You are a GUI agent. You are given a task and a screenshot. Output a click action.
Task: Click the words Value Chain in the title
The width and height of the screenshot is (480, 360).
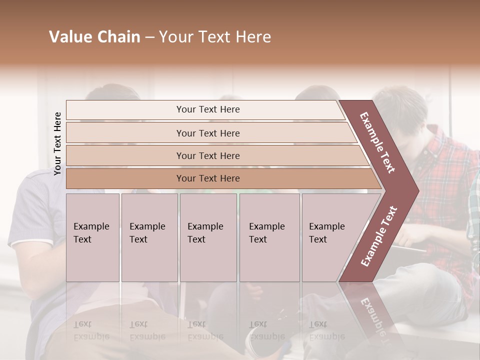[94, 37]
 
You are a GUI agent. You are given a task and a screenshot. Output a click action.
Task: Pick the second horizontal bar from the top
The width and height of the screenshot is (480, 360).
[207, 133]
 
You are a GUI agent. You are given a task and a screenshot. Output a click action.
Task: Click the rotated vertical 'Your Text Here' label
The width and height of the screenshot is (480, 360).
[57, 143]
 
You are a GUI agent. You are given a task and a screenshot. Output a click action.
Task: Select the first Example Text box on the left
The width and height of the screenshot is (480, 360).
[92, 237]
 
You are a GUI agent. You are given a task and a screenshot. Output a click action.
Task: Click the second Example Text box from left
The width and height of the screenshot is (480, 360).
[149, 237]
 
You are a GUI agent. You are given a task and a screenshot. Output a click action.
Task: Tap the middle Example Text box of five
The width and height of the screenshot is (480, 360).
[208, 237]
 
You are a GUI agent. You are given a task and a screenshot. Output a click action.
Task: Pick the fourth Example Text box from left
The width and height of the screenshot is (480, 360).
[269, 237]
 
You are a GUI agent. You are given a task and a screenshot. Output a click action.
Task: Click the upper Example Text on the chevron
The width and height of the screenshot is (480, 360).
[377, 142]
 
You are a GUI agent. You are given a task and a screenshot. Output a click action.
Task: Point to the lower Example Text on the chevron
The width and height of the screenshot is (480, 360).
[378, 236]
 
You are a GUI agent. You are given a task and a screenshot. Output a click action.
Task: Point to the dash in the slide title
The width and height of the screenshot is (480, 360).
[149, 37]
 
